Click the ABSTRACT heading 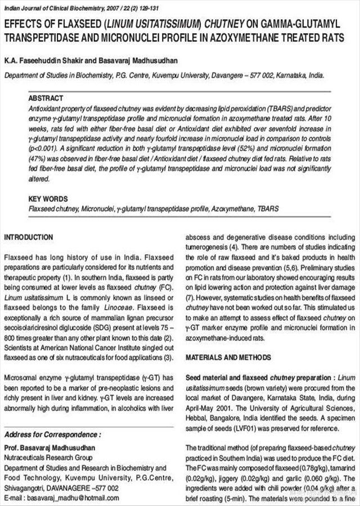tap(46, 97)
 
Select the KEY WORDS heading tap(48, 199)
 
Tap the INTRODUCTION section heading tap(28, 237)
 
